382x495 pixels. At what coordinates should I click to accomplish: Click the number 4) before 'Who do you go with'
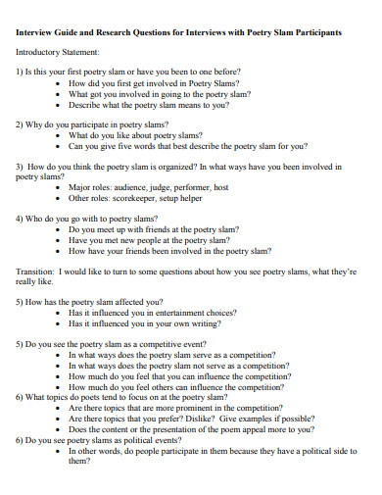pyautogui.click(x=20, y=219)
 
